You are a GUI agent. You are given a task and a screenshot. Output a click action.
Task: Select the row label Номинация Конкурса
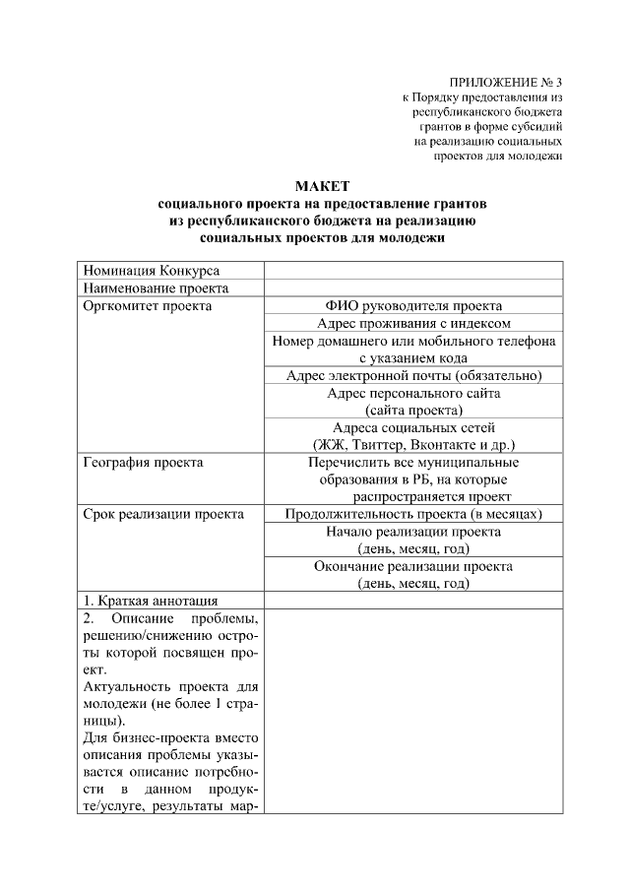tap(152, 271)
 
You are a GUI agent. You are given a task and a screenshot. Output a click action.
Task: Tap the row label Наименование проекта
tap(157, 288)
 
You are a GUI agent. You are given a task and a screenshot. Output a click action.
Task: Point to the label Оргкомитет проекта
tap(148, 306)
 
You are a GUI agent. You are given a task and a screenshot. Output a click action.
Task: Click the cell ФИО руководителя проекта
tap(413, 306)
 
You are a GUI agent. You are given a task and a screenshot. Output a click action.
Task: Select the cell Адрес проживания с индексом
tap(413, 323)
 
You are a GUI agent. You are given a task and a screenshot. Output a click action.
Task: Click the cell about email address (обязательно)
tap(413, 375)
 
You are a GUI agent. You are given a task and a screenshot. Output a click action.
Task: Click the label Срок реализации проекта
tap(164, 514)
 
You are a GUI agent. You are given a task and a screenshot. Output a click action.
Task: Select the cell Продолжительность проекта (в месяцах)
tap(413, 514)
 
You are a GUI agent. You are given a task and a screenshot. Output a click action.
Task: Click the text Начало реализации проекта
tap(413, 532)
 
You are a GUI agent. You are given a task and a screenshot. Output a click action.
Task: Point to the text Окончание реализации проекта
tap(413, 566)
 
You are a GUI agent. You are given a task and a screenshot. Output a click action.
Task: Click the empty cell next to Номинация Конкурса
tap(413, 271)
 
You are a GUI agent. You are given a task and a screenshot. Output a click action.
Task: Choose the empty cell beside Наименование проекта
tap(413, 288)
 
